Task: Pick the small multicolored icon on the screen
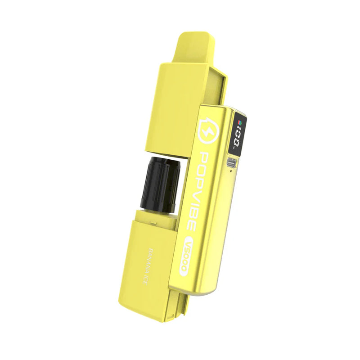[239, 122]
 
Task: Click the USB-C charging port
[232, 163]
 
